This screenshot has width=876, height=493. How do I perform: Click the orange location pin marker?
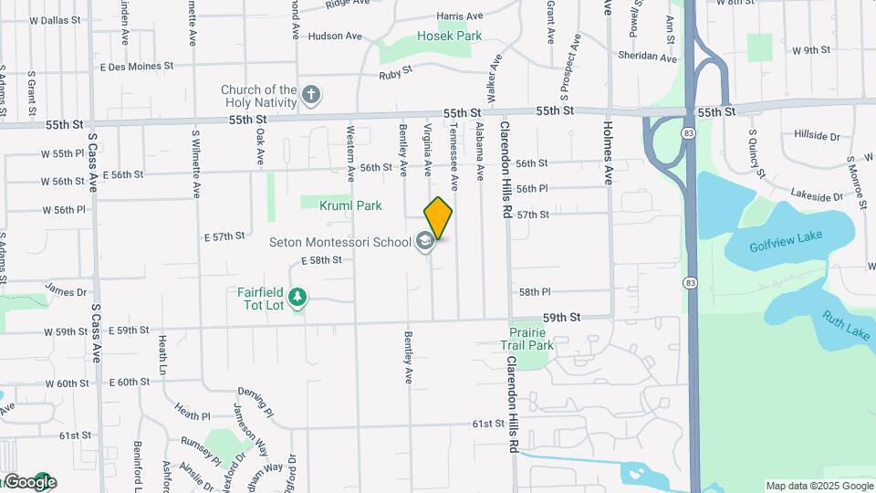coord(438,218)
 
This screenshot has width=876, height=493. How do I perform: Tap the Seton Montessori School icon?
coord(424,241)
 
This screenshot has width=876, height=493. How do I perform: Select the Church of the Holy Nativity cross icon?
coord(311,94)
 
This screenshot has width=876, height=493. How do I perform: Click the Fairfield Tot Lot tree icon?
coord(297,297)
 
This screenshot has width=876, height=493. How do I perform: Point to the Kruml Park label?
coord(350,205)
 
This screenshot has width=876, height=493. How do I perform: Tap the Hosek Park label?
coord(449,36)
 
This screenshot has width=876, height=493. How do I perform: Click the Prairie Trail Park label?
coord(527,339)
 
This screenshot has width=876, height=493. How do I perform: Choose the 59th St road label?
coord(561,317)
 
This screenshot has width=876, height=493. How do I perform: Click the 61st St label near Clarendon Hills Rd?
coord(488,424)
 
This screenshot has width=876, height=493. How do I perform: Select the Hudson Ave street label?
coord(335,37)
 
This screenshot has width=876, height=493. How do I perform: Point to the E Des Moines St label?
coord(137,67)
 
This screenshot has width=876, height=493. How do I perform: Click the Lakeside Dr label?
coord(817,195)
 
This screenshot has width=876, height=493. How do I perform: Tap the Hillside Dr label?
coord(817,135)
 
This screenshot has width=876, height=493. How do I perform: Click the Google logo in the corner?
coord(30,482)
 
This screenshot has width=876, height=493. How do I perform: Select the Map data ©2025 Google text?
coord(819,486)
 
